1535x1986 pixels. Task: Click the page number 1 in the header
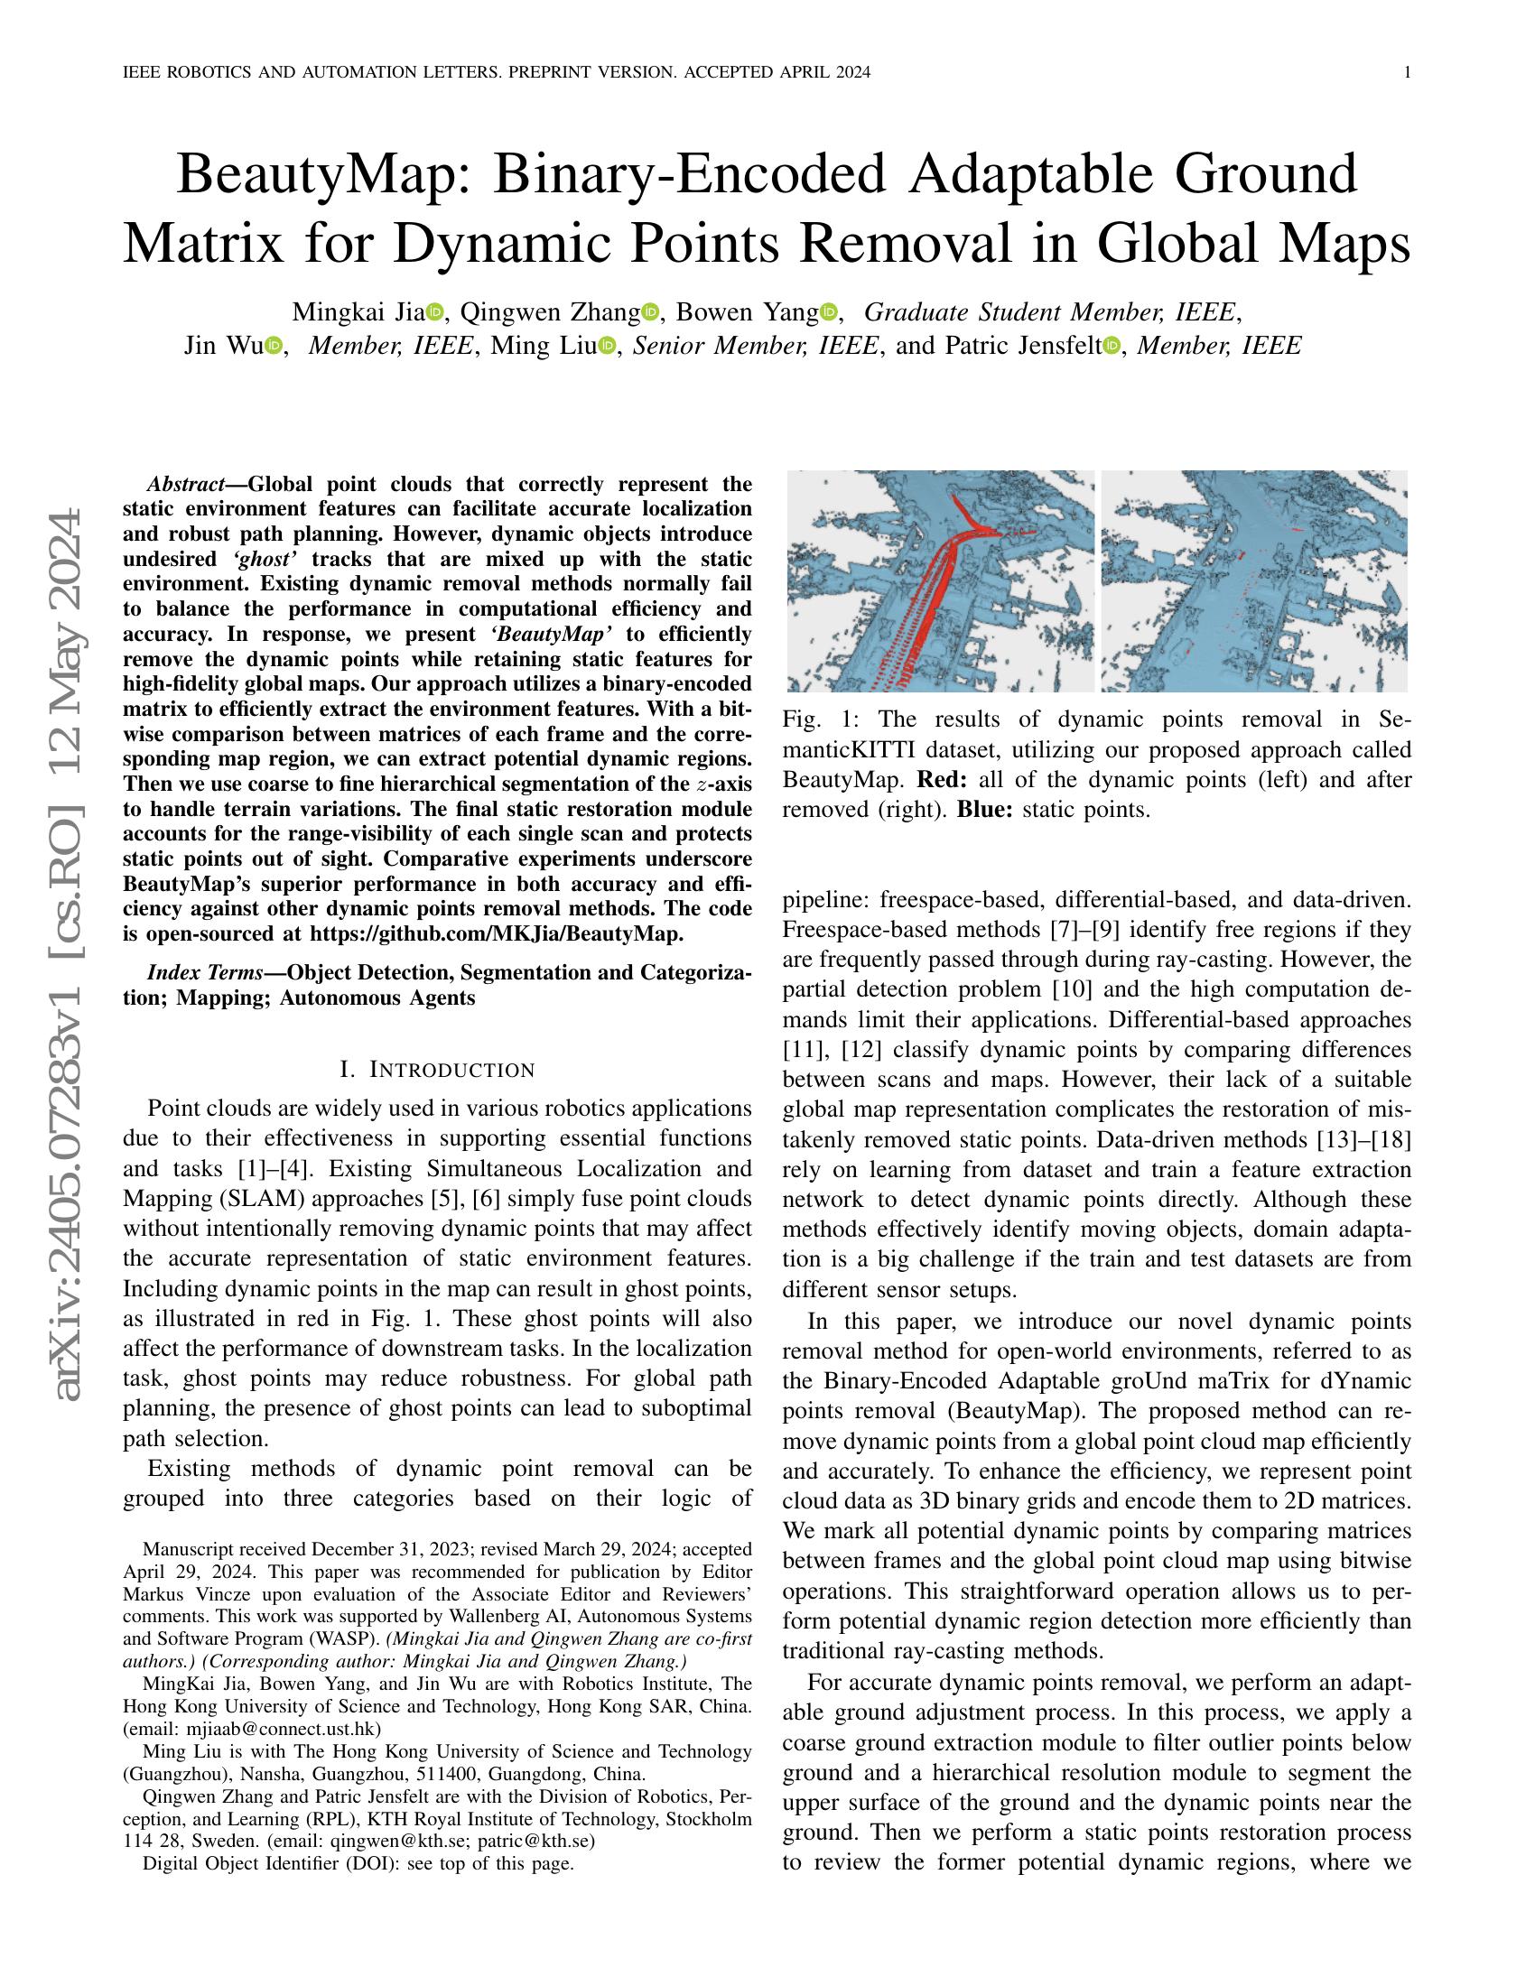point(1407,73)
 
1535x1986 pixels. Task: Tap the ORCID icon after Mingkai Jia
point(433,313)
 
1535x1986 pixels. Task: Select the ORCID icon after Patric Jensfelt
point(1111,347)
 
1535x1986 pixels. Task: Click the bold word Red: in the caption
point(944,779)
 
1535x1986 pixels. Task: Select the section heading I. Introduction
point(436,1070)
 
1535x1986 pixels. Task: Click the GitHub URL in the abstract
point(496,934)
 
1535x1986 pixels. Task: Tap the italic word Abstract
point(185,484)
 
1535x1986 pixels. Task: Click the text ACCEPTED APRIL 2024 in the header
point(777,73)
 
